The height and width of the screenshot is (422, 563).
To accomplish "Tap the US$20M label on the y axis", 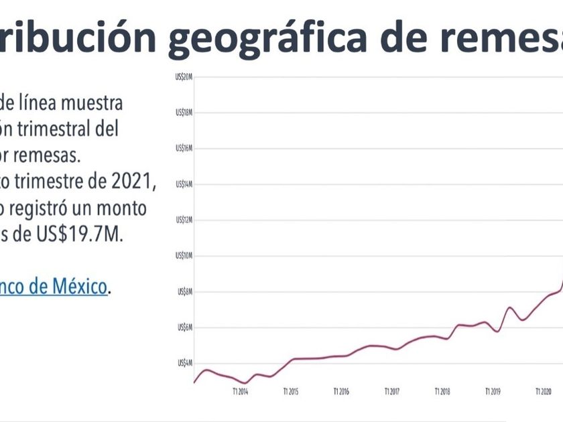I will [x=184, y=77].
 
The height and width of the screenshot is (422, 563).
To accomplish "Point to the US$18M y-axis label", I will [x=184, y=113].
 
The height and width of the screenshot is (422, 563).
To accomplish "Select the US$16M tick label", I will [x=184, y=148].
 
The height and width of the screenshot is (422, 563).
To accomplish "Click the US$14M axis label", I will [x=184, y=184].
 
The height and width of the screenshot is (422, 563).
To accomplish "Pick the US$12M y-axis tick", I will [x=184, y=220].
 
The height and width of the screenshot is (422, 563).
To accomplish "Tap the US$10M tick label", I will [x=184, y=256].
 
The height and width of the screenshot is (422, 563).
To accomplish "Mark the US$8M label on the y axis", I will [x=186, y=291].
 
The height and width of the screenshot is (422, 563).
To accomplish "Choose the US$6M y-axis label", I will [x=186, y=328].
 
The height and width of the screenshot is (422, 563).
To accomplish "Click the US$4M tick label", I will [x=186, y=363].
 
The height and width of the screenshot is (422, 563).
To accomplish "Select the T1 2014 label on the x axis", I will [x=240, y=391].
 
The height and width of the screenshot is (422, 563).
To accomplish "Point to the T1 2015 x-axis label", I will [x=290, y=391].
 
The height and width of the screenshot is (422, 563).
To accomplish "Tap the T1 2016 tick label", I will [x=341, y=391].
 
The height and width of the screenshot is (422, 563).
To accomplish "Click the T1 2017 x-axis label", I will [x=391, y=391].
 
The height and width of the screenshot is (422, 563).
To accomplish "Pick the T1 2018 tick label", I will [x=442, y=391].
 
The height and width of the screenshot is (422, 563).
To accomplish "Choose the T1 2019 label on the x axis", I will [x=492, y=391].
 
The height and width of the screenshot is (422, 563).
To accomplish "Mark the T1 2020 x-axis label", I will [x=543, y=391].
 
